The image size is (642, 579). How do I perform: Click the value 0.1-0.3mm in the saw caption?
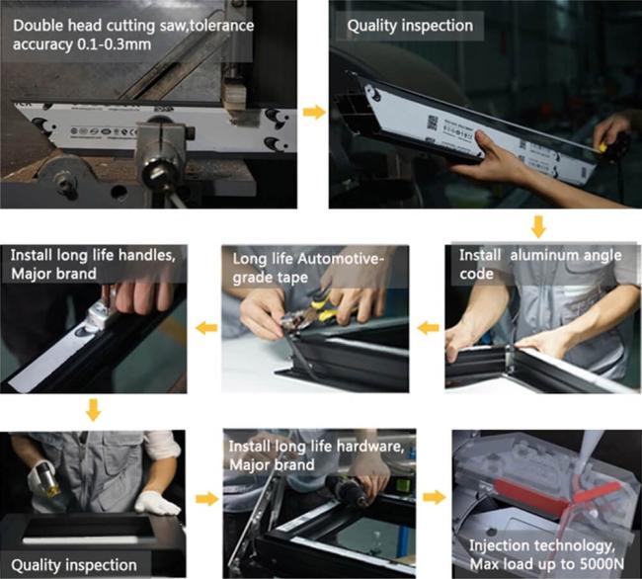coord(115,44)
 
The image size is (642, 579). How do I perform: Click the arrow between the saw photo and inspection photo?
coord(314,113)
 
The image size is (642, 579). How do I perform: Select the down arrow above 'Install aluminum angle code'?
coord(538,226)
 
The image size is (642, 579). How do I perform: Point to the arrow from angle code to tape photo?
coord(429,328)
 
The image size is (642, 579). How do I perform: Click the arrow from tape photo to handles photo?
coord(206,328)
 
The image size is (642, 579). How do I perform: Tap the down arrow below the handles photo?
coord(94,410)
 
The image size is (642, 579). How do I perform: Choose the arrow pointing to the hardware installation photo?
coord(207,499)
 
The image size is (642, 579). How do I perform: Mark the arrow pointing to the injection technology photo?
coord(434,497)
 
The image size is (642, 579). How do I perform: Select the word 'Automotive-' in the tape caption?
coord(341,259)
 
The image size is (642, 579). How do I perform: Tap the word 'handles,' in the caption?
coord(146,256)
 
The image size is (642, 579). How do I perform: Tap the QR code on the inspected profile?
coord(433,123)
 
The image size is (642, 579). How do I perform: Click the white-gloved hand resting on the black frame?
coord(157,503)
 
